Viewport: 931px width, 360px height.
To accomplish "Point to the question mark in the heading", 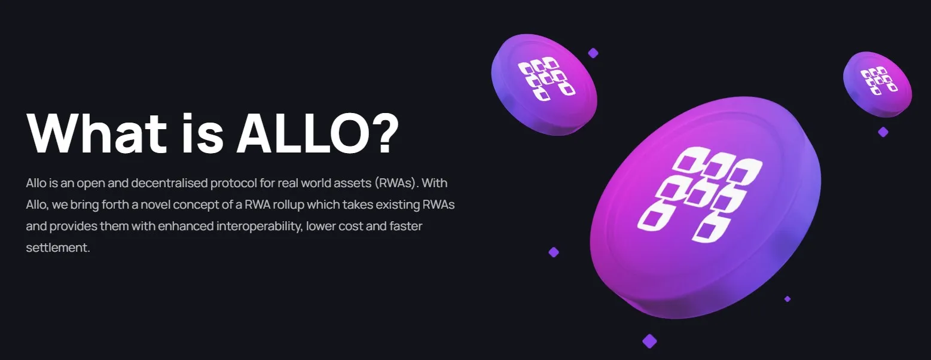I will [x=380, y=133].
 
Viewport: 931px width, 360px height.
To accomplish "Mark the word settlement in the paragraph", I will [x=58, y=248].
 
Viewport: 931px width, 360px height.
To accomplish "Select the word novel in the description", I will [x=158, y=205].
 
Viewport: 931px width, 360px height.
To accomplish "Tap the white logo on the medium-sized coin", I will [x=545, y=78].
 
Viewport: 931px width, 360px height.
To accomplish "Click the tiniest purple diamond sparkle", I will [x=787, y=299].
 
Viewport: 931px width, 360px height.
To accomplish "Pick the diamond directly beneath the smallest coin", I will [x=883, y=132].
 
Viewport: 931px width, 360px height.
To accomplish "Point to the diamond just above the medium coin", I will [x=593, y=53].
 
